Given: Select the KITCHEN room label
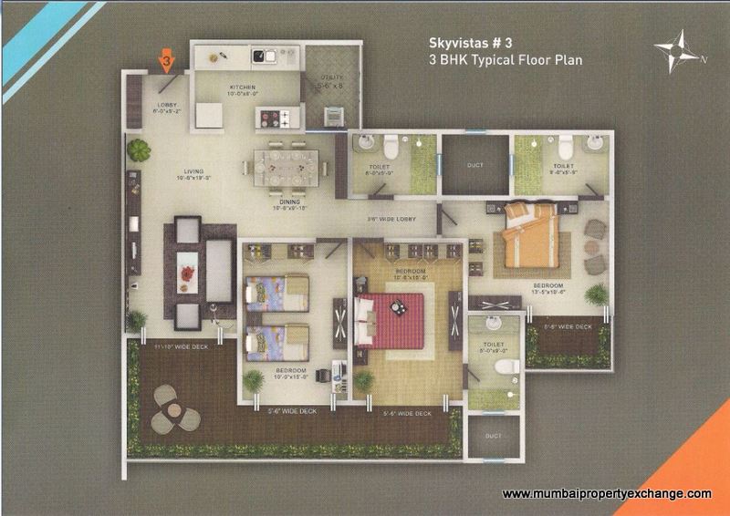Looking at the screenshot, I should pos(218,88).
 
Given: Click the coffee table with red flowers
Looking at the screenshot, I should pos(186,270).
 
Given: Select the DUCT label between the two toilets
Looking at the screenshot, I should pos(474,165).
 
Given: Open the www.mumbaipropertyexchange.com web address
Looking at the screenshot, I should pos(607,493).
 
